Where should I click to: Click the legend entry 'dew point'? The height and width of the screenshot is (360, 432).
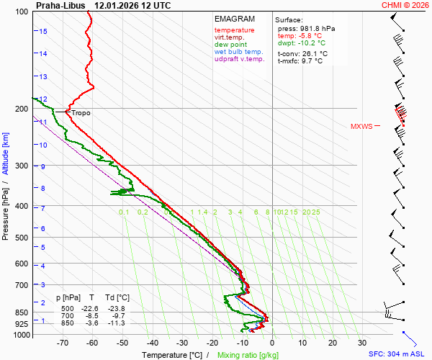pos(230,45)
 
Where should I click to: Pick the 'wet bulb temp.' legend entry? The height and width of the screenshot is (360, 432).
pos(238,52)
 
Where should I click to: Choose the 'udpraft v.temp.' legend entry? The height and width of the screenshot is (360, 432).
pos(240,59)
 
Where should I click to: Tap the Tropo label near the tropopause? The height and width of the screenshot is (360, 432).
pos(81,113)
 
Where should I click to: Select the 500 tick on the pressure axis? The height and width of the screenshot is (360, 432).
pos(21,237)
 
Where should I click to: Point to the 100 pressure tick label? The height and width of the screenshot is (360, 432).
pos(21,12)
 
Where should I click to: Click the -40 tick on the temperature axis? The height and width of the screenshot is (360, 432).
pos(152,343)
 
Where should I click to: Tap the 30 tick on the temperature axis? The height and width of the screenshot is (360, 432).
pos(362,343)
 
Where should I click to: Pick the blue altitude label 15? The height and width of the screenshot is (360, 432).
pos(43,32)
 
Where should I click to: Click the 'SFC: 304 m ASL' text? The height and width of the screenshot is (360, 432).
pos(398,354)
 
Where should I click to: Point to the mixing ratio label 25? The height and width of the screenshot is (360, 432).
pos(315,212)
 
